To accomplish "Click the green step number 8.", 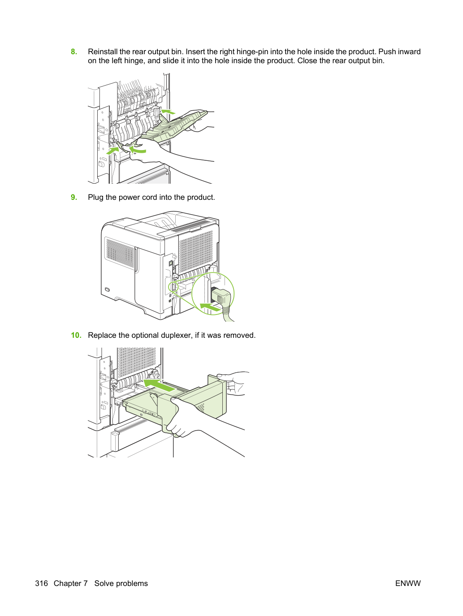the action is pyautogui.click(x=74, y=52).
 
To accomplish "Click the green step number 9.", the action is pyautogui.click(x=74, y=197).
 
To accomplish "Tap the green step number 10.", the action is pyautogui.click(x=76, y=335).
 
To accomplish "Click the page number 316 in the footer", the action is pyautogui.click(x=42, y=583).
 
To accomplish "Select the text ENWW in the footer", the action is pyautogui.click(x=408, y=583).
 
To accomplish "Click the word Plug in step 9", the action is pyautogui.click(x=95, y=198).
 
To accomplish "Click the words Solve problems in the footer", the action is pyautogui.click(x=121, y=583).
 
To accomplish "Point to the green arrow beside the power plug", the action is pyautogui.click(x=209, y=307).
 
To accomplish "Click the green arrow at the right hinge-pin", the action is pyautogui.click(x=168, y=112).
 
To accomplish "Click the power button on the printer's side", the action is pyautogui.click(x=107, y=289).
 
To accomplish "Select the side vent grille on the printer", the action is pyautogui.click(x=120, y=253).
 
